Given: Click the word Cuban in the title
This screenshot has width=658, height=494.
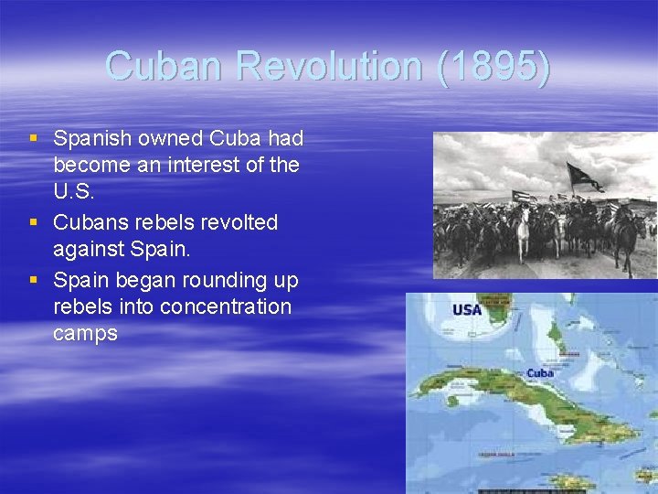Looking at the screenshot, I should (x=164, y=66).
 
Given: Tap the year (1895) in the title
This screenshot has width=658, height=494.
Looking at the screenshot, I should (x=494, y=66).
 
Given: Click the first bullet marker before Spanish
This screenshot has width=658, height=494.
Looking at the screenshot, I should (x=34, y=139).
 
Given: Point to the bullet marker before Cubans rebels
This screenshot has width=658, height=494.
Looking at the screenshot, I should (x=34, y=223).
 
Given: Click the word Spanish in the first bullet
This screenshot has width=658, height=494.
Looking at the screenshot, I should (x=91, y=139).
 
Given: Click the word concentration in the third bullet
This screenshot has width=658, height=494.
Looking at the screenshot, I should (x=226, y=306).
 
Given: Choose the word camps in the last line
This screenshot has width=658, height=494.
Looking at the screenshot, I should (x=85, y=334).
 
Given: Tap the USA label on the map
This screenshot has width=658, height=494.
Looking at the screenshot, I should (x=467, y=310).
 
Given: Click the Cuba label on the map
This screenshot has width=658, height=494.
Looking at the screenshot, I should (x=540, y=373).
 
